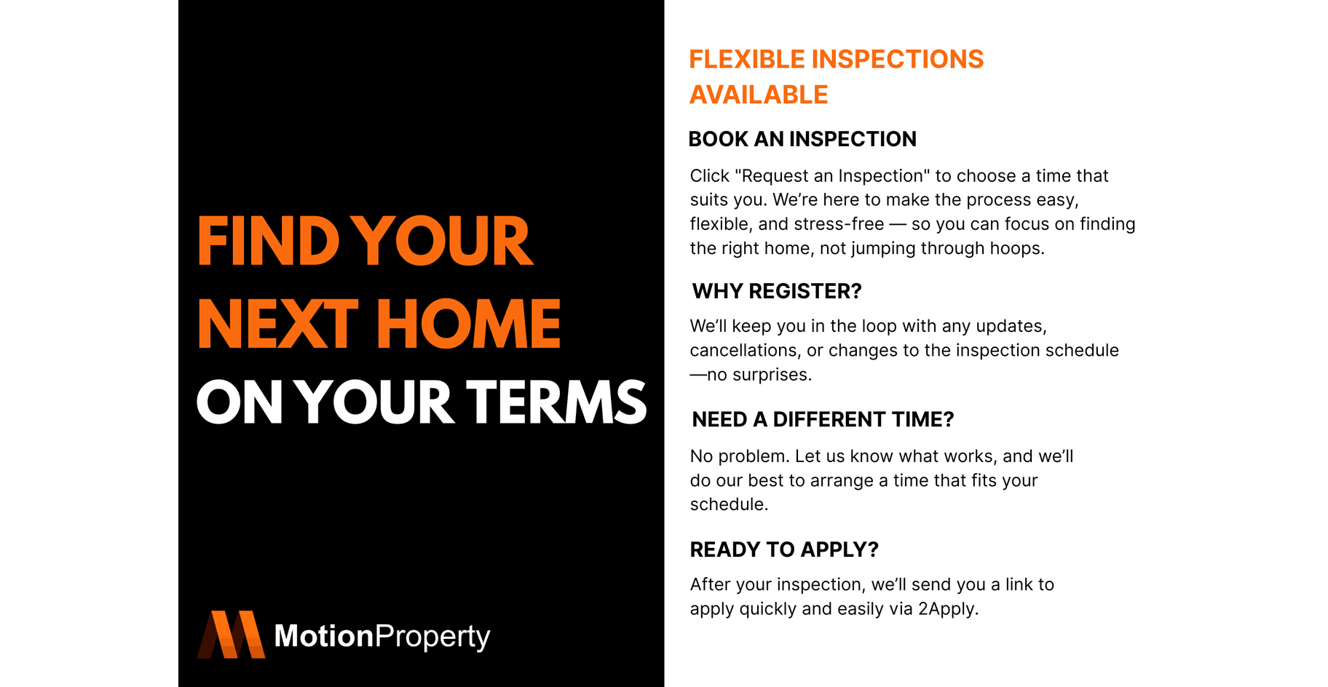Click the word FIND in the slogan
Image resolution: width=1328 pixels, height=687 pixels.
click(268, 241)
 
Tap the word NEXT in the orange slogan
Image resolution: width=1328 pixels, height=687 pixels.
click(277, 324)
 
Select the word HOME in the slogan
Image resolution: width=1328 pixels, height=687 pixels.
click(468, 324)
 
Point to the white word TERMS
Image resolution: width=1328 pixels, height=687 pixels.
click(556, 402)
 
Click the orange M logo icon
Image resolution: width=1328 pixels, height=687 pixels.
click(231, 635)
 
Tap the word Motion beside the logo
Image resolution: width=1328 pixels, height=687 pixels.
click(323, 636)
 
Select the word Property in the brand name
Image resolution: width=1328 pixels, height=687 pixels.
click(432, 638)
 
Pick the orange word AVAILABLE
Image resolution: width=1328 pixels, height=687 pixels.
click(759, 95)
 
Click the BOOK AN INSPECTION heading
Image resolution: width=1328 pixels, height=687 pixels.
click(802, 139)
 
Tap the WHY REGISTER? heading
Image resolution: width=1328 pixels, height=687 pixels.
click(777, 291)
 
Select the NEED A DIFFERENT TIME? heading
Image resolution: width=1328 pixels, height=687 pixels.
click(823, 419)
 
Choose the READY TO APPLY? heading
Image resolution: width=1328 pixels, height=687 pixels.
click(784, 549)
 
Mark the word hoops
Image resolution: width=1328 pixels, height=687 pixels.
click(1019, 248)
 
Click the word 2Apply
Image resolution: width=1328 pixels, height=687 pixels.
click(948, 609)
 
